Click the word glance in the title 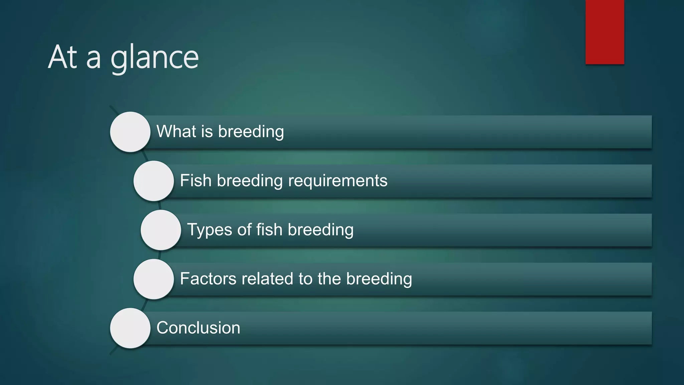154,58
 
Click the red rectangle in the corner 605,32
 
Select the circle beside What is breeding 130,132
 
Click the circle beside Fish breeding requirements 154,181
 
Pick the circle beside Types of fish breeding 161,230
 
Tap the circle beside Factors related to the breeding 154,279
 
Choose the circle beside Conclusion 130,328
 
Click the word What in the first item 176,131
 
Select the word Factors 208,279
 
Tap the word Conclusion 198,328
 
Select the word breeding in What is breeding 251,132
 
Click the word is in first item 207,131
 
